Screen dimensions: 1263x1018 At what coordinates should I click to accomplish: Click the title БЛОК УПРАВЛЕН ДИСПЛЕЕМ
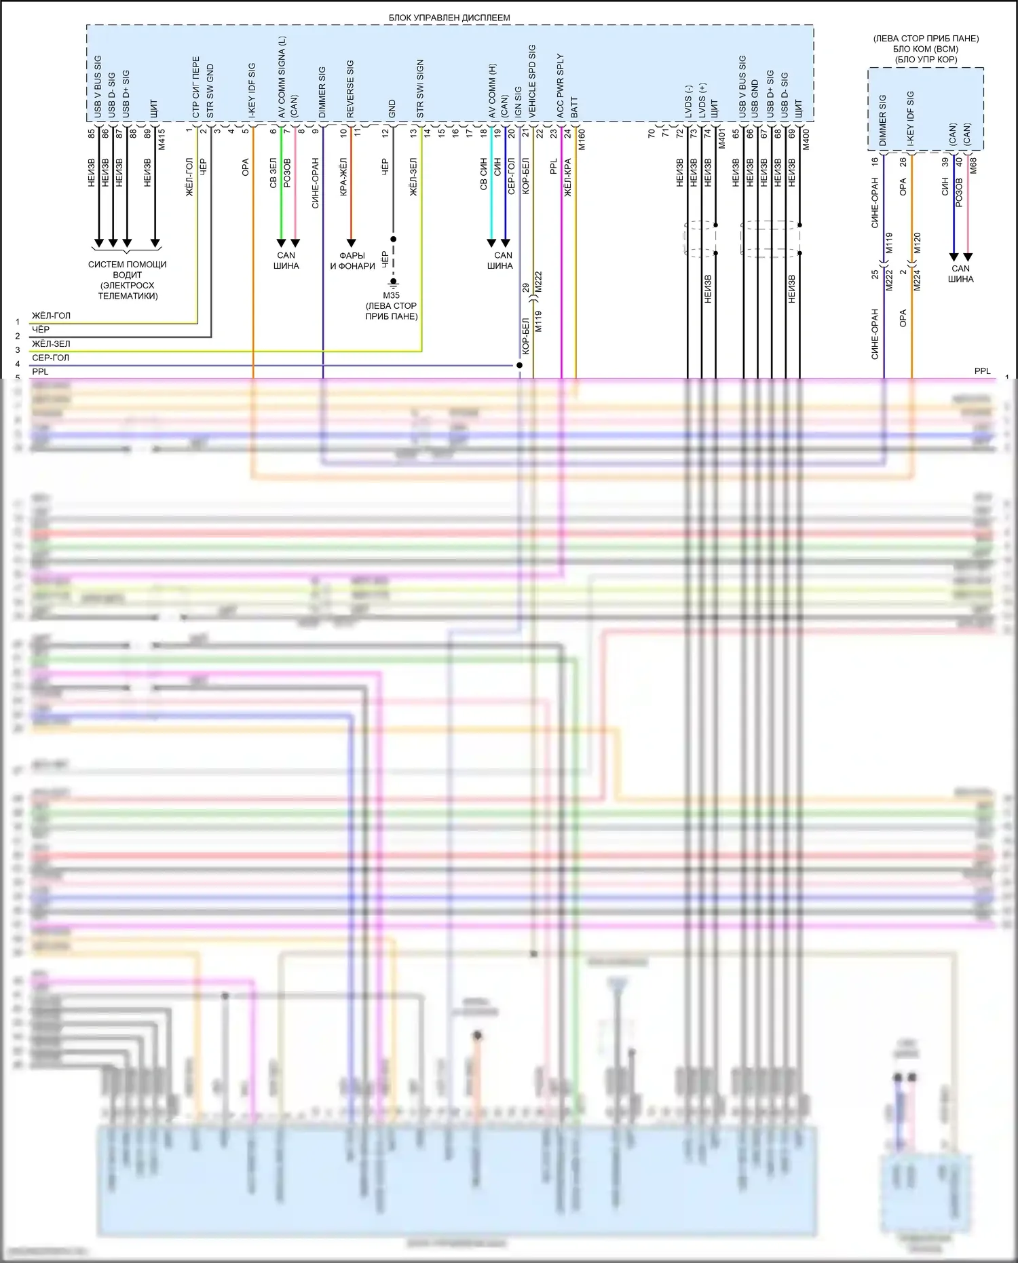[449, 18]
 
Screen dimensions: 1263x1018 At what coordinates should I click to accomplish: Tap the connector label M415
[162, 139]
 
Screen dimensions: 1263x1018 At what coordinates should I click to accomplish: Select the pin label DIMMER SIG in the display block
[322, 92]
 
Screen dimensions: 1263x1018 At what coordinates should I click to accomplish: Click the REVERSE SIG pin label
[350, 89]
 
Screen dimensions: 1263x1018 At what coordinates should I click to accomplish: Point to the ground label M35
[392, 295]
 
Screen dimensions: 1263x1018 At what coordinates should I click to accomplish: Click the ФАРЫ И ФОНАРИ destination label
[352, 261]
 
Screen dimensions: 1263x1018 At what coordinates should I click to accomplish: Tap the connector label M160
[582, 139]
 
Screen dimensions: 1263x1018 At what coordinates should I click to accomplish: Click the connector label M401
[722, 139]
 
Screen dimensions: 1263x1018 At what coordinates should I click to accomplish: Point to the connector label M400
[806, 139]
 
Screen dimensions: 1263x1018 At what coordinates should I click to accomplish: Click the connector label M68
[973, 166]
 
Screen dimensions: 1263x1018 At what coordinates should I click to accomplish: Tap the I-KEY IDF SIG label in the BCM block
[910, 119]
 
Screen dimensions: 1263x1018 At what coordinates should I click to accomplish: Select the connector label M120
[918, 242]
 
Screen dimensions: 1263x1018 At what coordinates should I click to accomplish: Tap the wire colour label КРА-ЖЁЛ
[343, 177]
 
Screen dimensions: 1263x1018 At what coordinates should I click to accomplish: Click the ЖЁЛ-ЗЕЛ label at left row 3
[51, 344]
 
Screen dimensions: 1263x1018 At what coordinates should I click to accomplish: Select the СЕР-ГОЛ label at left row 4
[51, 358]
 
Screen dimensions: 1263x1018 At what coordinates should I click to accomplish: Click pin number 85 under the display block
[92, 134]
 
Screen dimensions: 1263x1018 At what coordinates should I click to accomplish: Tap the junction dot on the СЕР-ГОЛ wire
[520, 365]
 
